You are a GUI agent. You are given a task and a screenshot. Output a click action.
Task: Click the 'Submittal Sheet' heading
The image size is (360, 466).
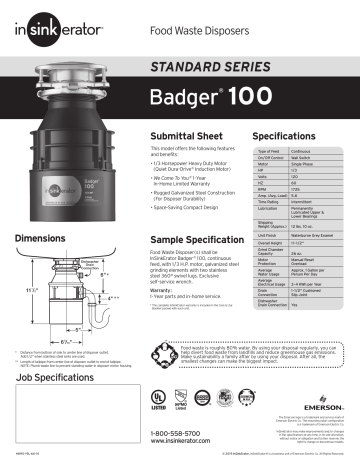tap(181, 134)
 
